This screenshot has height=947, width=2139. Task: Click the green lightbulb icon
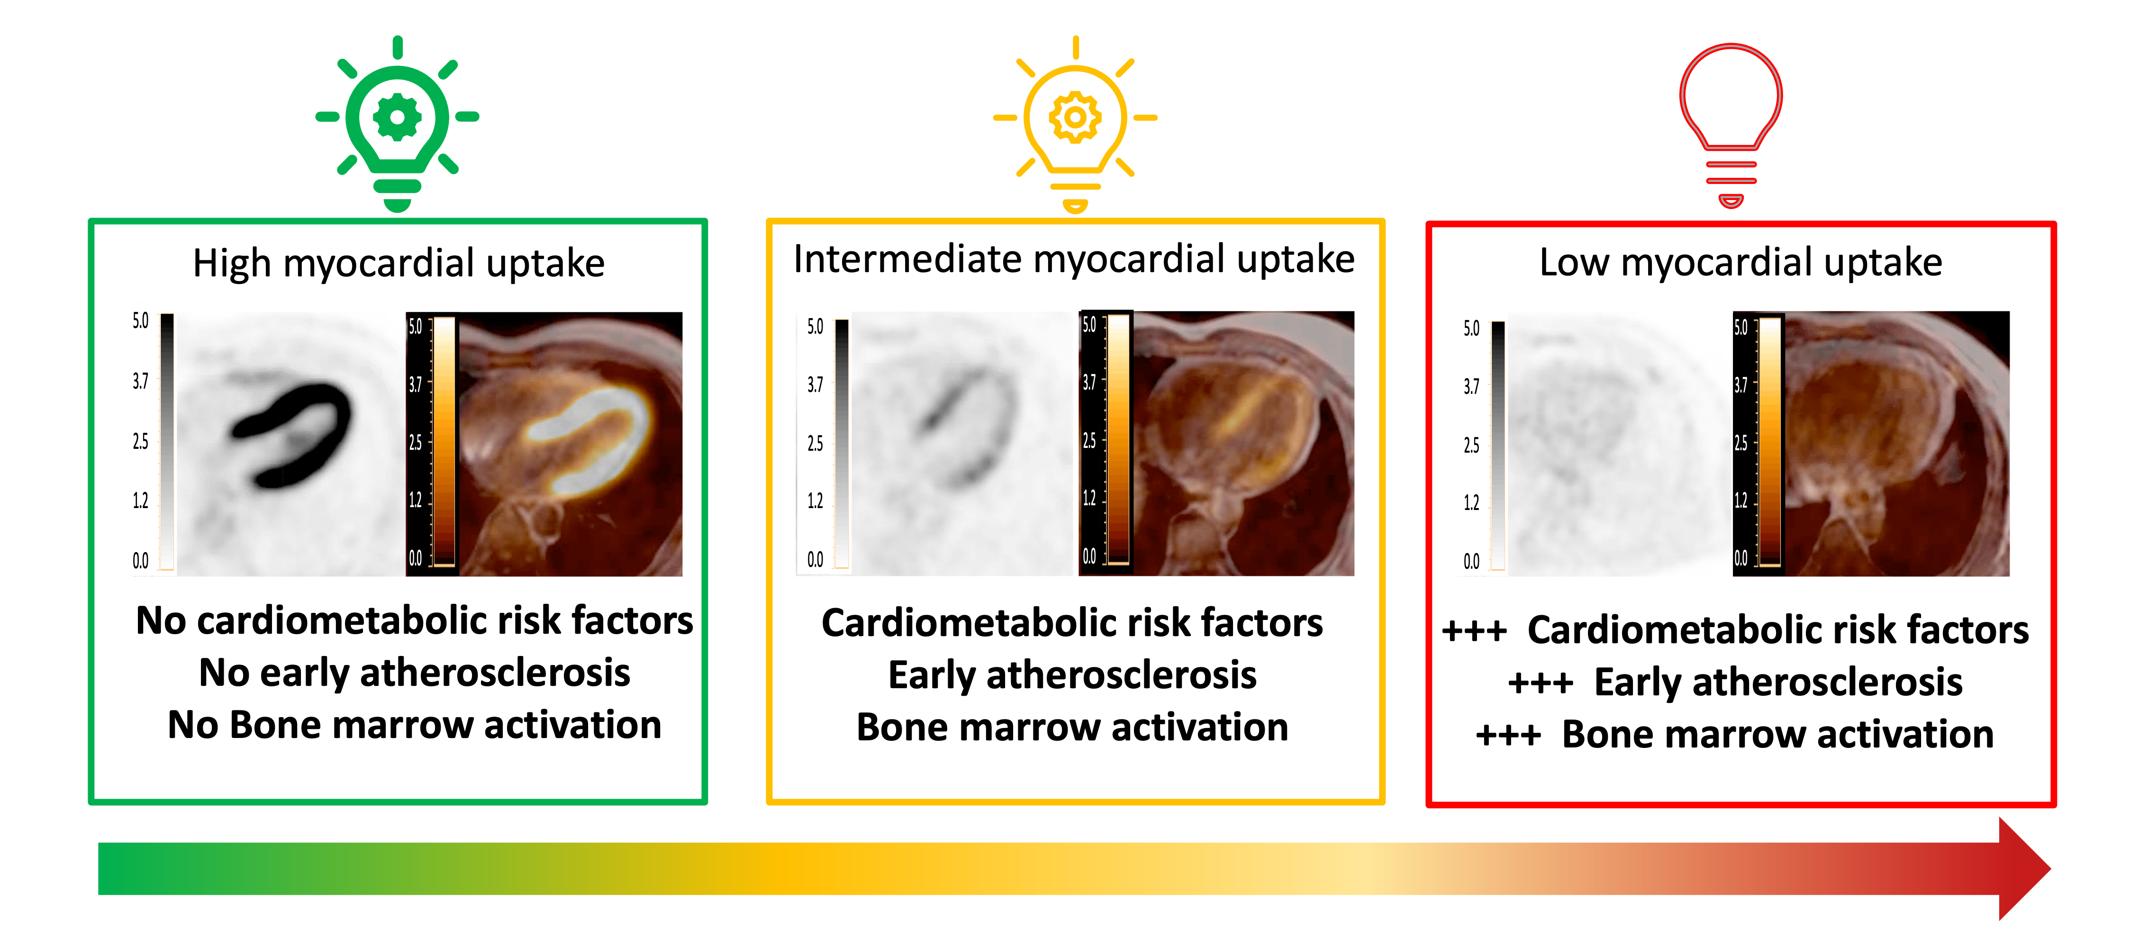[397, 123]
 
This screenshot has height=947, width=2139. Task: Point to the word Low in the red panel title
[1574, 263]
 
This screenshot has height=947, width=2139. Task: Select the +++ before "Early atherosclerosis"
[1541, 683]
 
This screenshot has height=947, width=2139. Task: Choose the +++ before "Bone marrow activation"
[1508, 735]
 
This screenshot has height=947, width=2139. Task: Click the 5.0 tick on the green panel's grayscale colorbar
[140, 321]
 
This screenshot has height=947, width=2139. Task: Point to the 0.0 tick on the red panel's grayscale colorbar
[1471, 562]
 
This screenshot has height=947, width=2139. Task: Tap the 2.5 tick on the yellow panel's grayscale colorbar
[816, 443]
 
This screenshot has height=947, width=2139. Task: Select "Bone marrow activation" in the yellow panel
[1072, 727]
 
